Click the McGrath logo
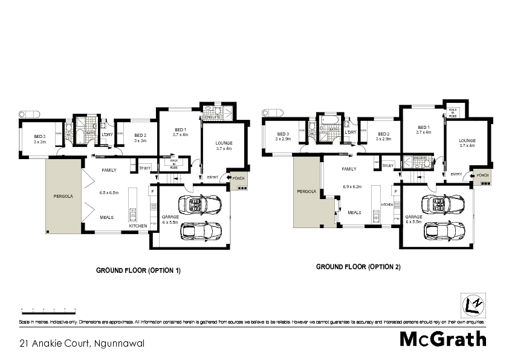pos(443,339)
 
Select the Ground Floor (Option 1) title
pos(138,270)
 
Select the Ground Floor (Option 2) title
pos(358,266)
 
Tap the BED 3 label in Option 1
pos(39,136)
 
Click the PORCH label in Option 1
pos(238,177)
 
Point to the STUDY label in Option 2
pos(388,165)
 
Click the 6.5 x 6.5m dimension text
pos(109,192)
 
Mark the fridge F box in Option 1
pos(152,192)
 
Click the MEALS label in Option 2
pos(355,212)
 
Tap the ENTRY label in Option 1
pos(213,177)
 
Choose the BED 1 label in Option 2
pos(423,127)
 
